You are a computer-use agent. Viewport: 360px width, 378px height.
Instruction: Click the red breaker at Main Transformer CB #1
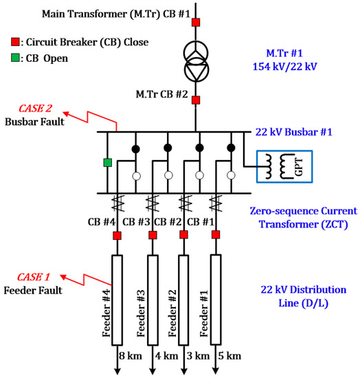(x=196, y=23)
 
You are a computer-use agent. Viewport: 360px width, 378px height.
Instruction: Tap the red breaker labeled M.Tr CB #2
(x=196, y=100)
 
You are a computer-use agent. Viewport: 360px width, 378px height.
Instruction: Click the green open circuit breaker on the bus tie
(x=107, y=163)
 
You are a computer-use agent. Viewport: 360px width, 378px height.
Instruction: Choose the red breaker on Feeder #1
(x=216, y=236)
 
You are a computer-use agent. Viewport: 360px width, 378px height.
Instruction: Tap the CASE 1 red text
(x=25, y=277)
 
